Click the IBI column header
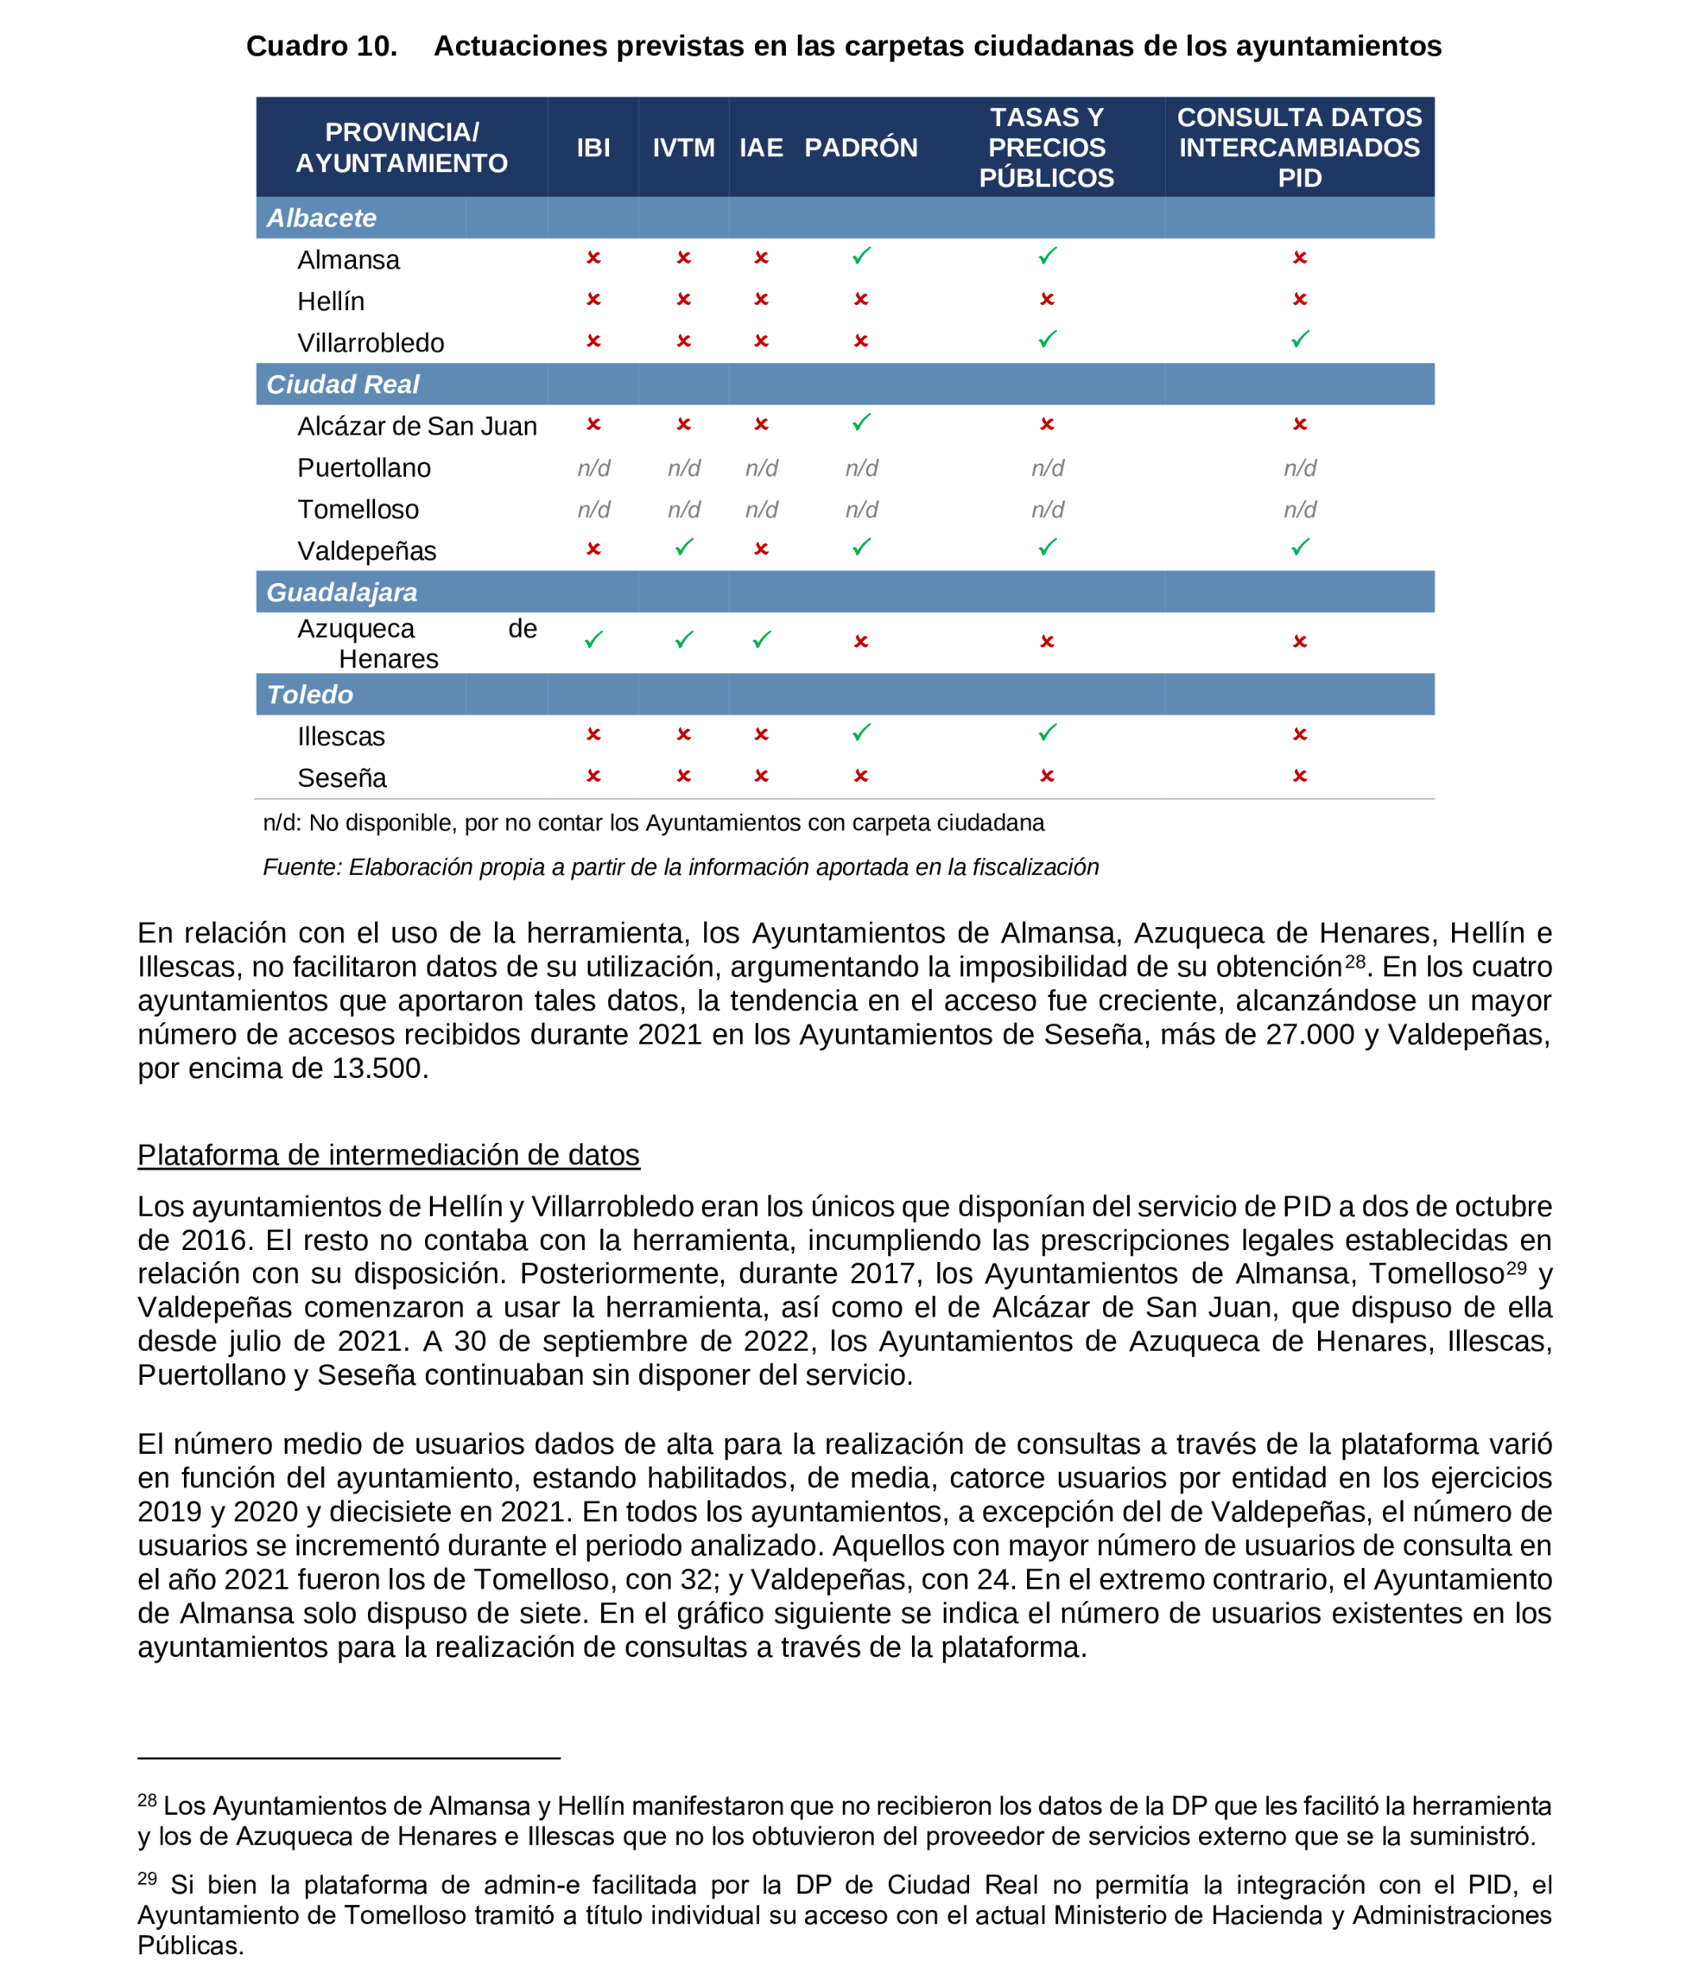click(x=593, y=148)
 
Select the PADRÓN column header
click(x=860, y=148)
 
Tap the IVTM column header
click(x=683, y=148)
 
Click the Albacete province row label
click(x=321, y=218)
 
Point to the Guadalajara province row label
click(x=341, y=592)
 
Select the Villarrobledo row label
click(x=370, y=343)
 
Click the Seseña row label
click(x=342, y=777)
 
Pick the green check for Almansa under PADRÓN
click(x=860, y=256)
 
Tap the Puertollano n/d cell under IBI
click(x=593, y=468)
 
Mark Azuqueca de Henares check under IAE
click(x=761, y=640)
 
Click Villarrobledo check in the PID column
click(x=1299, y=339)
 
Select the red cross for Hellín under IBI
click(x=593, y=300)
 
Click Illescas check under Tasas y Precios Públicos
click(x=1046, y=733)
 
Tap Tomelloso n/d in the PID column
click(x=1299, y=510)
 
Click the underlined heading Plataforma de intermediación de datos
click(x=389, y=1154)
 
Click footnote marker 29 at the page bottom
click(x=148, y=1877)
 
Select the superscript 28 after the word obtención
click(x=1354, y=960)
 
